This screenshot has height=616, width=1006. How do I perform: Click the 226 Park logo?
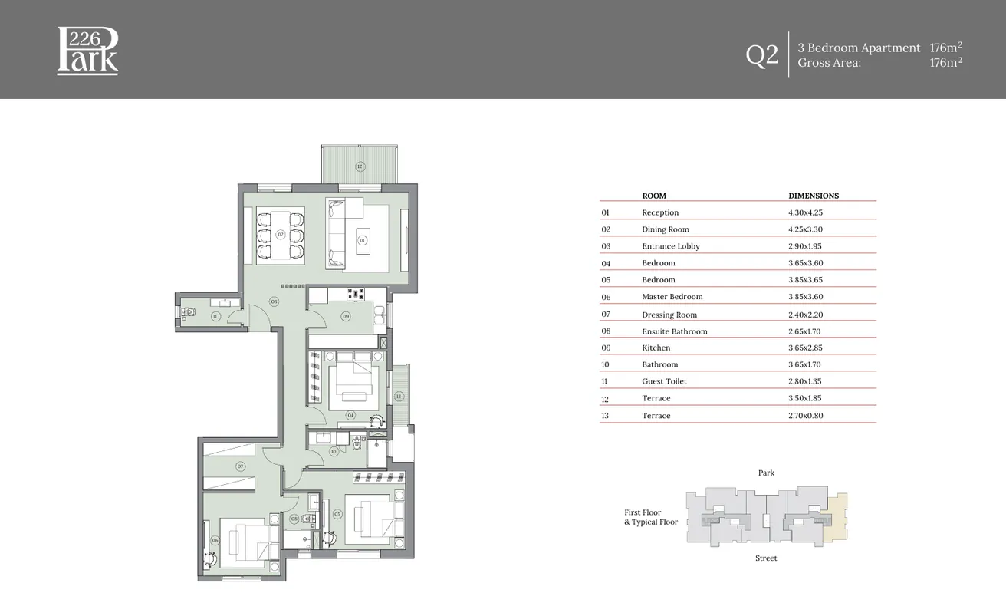click(x=87, y=51)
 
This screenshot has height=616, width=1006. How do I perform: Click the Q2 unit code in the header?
click(x=761, y=55)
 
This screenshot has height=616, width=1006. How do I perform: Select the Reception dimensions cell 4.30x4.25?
click(x=805, y=212)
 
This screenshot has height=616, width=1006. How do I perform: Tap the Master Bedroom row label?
click(x=672, y=297)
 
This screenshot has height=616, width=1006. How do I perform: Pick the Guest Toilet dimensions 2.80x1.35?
click(x=805, y=381)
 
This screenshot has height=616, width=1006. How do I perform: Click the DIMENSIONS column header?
click(x=814, y=196)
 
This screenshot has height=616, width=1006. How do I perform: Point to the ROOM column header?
click(x=654, y=196)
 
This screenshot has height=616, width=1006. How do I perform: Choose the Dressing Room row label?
click(x=669, y=315)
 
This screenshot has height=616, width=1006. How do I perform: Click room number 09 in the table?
click(x=606, y=348)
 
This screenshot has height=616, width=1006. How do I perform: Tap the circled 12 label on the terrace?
click(x=359, y=166)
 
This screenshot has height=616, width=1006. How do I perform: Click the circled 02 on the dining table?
click(x=281, y=234)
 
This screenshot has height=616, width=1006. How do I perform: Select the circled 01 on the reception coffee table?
click(x=363, y=240)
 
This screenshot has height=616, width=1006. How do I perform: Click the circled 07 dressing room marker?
click(x=240, y=466)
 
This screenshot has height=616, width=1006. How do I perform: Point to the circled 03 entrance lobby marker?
click(x=274, y=301)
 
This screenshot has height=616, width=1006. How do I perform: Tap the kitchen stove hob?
click(x=356, y=293)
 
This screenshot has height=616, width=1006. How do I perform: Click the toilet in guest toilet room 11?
click(x=188, y=311)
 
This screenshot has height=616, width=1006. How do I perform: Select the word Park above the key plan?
click(x=766, y=473)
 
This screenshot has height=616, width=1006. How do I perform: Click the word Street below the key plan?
click(x=766, y=558)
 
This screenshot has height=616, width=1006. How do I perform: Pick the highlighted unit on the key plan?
click(x=837, y=516)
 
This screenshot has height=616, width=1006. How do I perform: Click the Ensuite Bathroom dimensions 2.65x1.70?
click(x=805, y=331)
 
